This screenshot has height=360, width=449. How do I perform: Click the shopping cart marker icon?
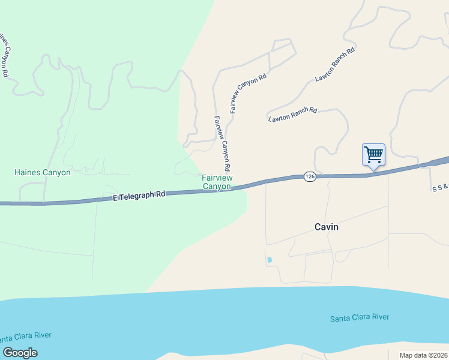pyautogui.click(x=373, y=155)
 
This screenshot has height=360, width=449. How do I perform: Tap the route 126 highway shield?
pyautogui.click(x=310, y=176)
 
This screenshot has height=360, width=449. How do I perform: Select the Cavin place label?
pyautogui.click(x=327, y=227)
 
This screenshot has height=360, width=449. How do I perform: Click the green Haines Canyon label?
pyautogui.click(x=43, y=173)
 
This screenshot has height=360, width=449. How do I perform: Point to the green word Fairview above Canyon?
pyautogui.click(x=217, y=178)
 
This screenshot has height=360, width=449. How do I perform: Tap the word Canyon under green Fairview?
pyautogui.click(x=217, y=187)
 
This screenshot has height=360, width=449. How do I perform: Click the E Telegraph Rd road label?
pyautogui.click(x=139, y=196)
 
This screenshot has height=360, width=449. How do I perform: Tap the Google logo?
pyautogui.click(x=20, y=353)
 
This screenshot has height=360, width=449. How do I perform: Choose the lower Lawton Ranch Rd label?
pyautogui.click(x=292, y=114)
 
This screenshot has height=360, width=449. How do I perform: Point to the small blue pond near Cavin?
pyautogui.click(x=269, y=260)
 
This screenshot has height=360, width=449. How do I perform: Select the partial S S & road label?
pyautogui.click(x=440, y=188)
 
